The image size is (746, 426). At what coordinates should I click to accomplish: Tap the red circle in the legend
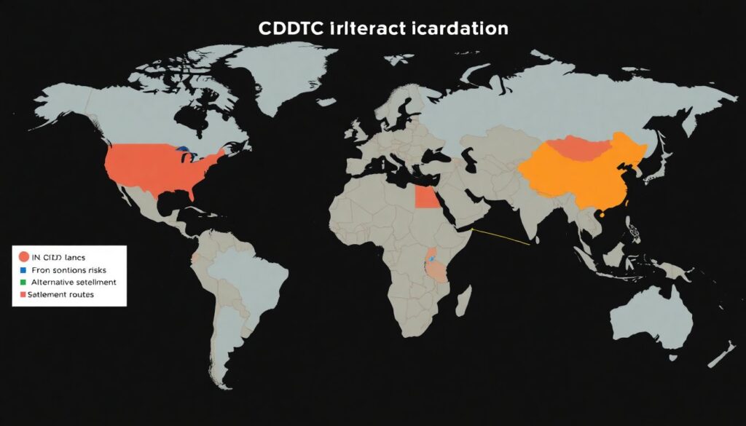point(23,256)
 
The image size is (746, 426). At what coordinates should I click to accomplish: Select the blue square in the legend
point(23,269)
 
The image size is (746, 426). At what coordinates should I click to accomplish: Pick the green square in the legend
point(23,282)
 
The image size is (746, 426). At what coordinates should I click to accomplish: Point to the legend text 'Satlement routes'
point(60,295)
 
